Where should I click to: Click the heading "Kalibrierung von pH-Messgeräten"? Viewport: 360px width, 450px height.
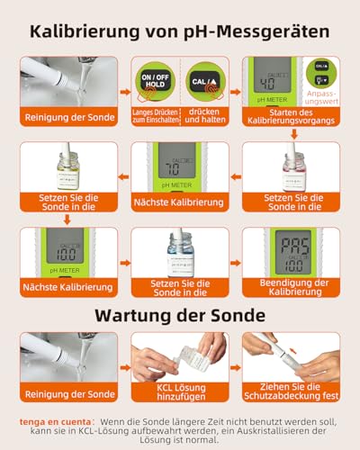tap(180, 31)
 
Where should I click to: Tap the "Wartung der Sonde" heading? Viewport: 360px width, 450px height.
tap(180, 316)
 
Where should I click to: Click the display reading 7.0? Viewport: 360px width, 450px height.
tap(171, 167)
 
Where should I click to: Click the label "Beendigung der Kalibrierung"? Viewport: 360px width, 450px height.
tap(292, 287)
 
